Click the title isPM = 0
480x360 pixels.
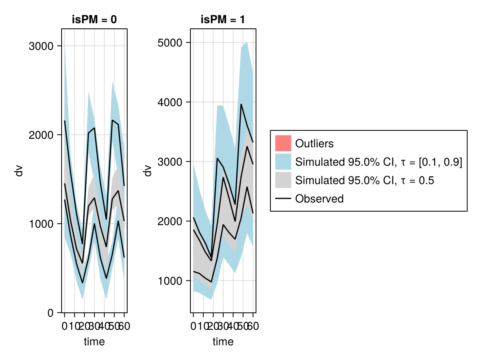[94, 20]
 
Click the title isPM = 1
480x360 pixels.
[223, 20]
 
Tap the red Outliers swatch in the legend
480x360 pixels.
[283, 143]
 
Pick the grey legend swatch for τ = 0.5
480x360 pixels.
[283, 180]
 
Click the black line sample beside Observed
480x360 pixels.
[283, 198]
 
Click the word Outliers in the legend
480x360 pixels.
[314, 143]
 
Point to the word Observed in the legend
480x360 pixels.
[319, 198]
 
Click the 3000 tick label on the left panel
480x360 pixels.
[41, 46]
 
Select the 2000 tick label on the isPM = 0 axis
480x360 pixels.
[41, 135]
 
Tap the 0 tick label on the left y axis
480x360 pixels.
[50, 313]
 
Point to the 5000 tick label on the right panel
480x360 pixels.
[170, 43]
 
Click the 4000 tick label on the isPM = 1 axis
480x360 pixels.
[170, 102]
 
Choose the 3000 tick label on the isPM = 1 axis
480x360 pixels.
[170, 162]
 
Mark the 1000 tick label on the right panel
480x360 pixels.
[170, 281]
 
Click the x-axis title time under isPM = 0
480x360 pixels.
[94, 342]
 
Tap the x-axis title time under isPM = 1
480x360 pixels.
[223, 342]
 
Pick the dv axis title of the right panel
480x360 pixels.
[148, 171]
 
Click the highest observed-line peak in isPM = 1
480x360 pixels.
[241, 104]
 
